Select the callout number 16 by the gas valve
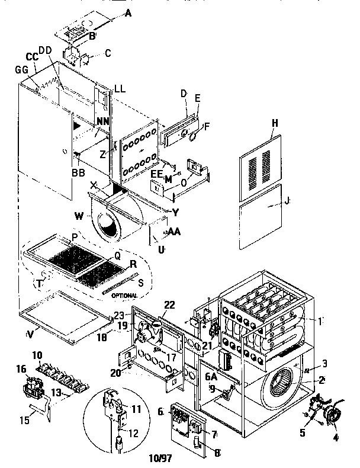pos(22,368)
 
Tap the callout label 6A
pos(211,375)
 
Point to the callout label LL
pos(120,89)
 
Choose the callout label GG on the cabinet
pos(22,70)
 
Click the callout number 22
pos(169,304)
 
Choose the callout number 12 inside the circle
pos(133,434)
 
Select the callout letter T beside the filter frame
pos(39,284)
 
